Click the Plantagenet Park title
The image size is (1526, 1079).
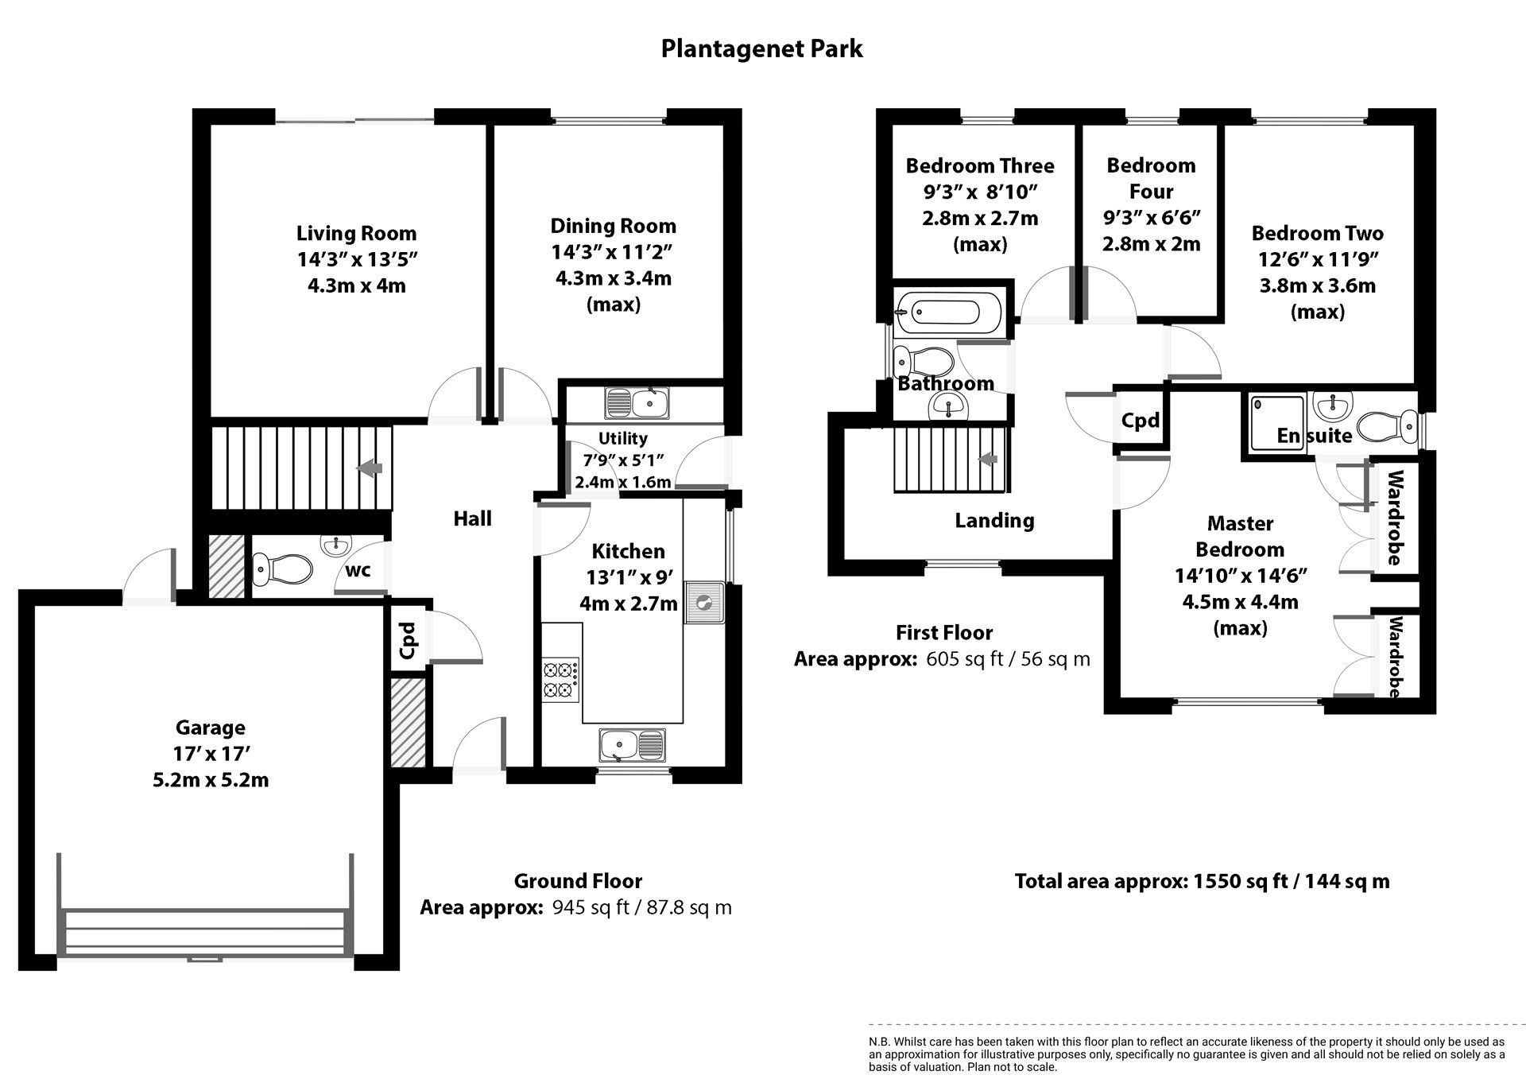point(761,49)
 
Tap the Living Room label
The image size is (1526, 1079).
point(356,233)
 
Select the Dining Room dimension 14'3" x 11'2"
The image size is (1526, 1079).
point(612,252)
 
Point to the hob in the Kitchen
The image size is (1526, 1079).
point(560,678)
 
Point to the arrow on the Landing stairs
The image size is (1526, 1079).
point(988,460)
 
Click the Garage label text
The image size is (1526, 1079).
point(210,728)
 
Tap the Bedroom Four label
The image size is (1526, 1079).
point(1151,178)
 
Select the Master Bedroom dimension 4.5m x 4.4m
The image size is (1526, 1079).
point(1240,602)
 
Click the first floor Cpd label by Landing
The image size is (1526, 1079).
point(1141,420)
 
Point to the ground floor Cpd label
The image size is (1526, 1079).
point(408,640)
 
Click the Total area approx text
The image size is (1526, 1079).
point(1202,881)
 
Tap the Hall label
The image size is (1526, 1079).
point(472,518)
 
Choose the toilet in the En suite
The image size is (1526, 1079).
point(1385,426)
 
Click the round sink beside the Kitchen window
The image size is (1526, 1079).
point(703,604)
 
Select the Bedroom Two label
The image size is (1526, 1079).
point(1317,233)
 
